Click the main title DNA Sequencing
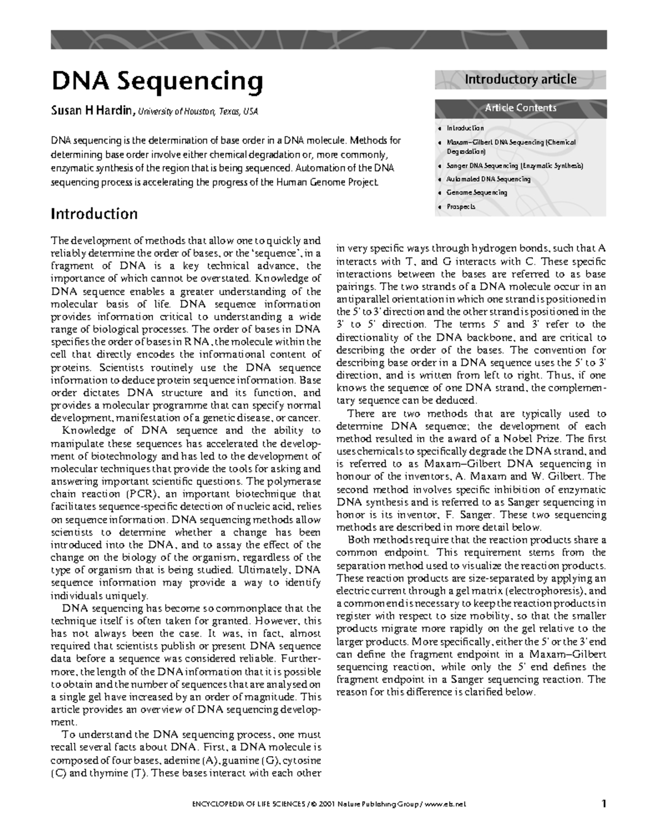coord(157,82)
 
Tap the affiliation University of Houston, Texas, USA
coord(197,112)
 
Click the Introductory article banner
coord(520,80)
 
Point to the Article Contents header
coord(520,108)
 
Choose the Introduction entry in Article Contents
coord(465,128)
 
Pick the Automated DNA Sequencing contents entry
coord(488,179)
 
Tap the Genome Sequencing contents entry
coord(477,193)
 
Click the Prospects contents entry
coord(461,207)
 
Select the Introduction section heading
coord(94,213)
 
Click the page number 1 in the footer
coord(604,804)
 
